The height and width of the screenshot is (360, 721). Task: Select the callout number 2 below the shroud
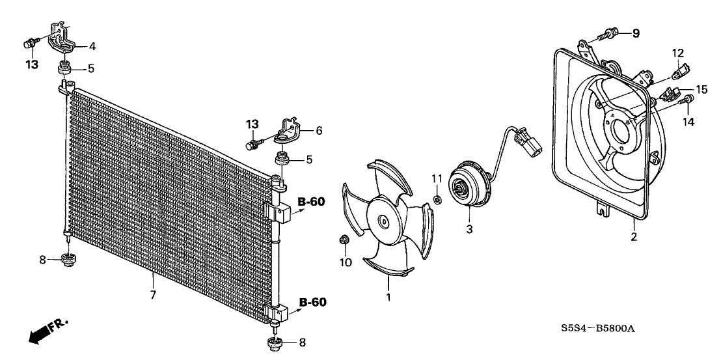tap(633, 237)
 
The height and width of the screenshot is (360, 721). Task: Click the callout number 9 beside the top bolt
tap(636, 33)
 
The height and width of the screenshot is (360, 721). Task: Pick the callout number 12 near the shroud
tap(678, 52)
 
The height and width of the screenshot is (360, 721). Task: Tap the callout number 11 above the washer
tap(437, 178)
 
